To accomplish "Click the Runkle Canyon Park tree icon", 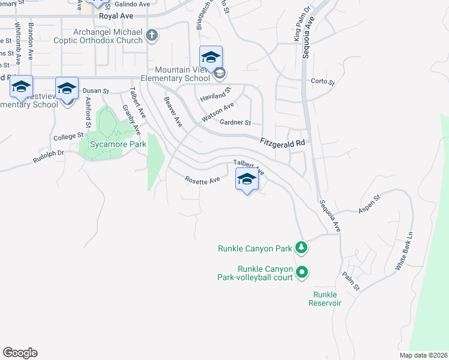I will coord(301,247).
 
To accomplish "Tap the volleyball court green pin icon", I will coord(303,272).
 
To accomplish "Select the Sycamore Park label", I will coord(109,145).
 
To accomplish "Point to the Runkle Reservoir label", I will coord(325,299).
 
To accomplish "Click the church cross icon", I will coord(152,36).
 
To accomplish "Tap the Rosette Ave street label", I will coord(202,179).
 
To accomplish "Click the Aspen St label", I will coord(369,204).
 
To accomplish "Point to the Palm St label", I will coord(351,281).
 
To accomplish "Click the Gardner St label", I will coord(235,122).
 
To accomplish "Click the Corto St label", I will coord(322,82).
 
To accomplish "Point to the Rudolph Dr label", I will coord(48,157).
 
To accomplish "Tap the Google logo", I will coord(20,353).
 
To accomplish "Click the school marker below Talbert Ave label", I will coord(247,179).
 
